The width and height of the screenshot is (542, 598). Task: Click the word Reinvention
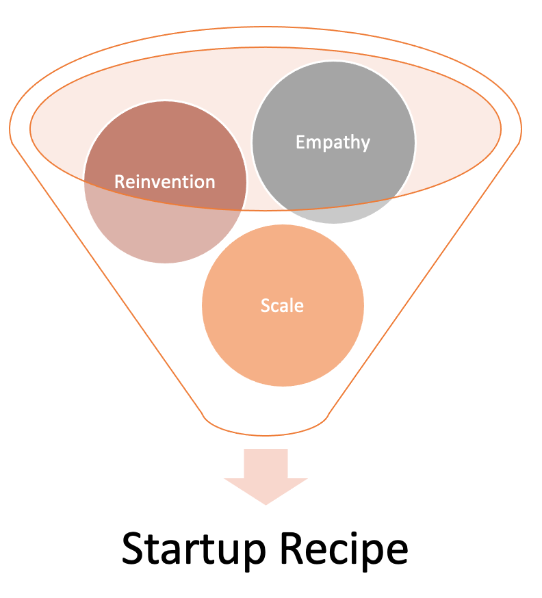(x=165, y=182)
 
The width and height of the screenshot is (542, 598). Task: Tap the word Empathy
(x=333, y=142)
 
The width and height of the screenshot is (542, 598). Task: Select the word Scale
(x=282, y=305)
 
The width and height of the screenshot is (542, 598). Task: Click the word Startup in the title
(x=194, y=550)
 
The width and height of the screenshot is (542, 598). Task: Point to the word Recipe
(x=344, y=549)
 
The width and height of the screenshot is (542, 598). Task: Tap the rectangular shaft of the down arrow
(x=266, y=463)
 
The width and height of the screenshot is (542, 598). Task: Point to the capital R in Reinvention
(x=120, y=182)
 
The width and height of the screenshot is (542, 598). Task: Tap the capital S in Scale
(x=265, y=305)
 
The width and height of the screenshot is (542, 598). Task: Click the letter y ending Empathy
(x=365, y=145)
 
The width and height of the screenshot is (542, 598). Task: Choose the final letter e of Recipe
(x=398, y=552)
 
